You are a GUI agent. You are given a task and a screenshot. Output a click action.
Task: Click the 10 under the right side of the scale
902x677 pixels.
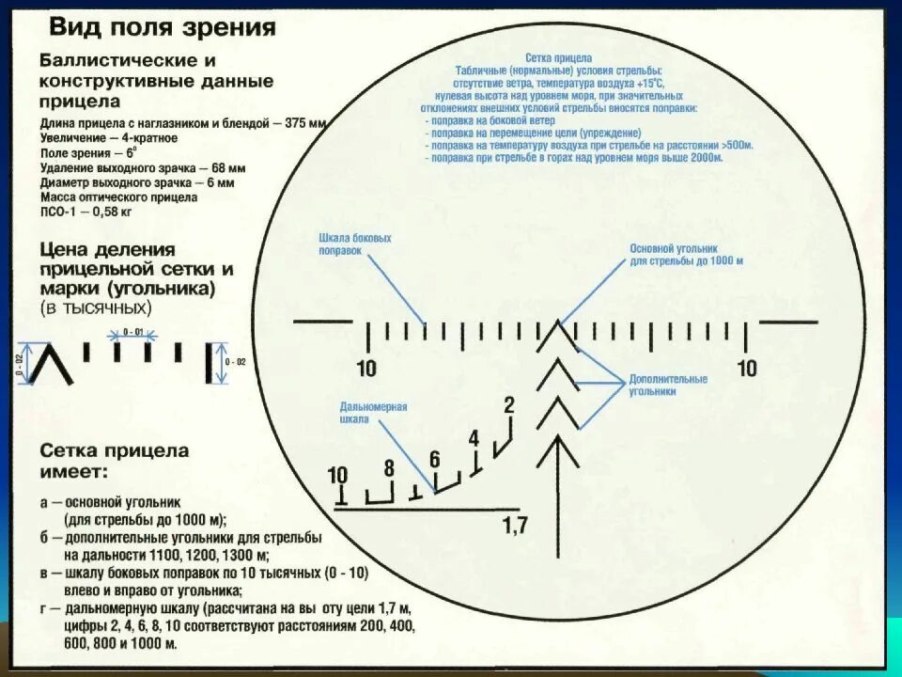747,368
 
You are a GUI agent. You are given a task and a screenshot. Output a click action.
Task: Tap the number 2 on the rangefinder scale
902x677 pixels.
509,406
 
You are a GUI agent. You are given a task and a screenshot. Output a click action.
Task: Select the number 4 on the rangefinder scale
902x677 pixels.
474,438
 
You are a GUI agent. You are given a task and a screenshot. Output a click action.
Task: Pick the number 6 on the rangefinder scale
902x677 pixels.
434,460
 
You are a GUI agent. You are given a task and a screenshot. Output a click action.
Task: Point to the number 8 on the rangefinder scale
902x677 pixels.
388,467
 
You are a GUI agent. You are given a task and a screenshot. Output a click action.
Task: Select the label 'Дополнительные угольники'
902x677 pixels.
668,385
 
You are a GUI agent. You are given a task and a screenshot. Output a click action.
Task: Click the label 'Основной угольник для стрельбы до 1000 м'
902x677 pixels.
686,254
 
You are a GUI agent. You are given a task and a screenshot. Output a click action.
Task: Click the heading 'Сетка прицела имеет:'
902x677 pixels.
114,461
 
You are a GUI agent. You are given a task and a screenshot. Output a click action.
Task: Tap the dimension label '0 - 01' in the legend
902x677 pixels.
132,332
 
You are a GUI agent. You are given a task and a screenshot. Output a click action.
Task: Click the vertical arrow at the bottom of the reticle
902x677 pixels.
562,480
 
